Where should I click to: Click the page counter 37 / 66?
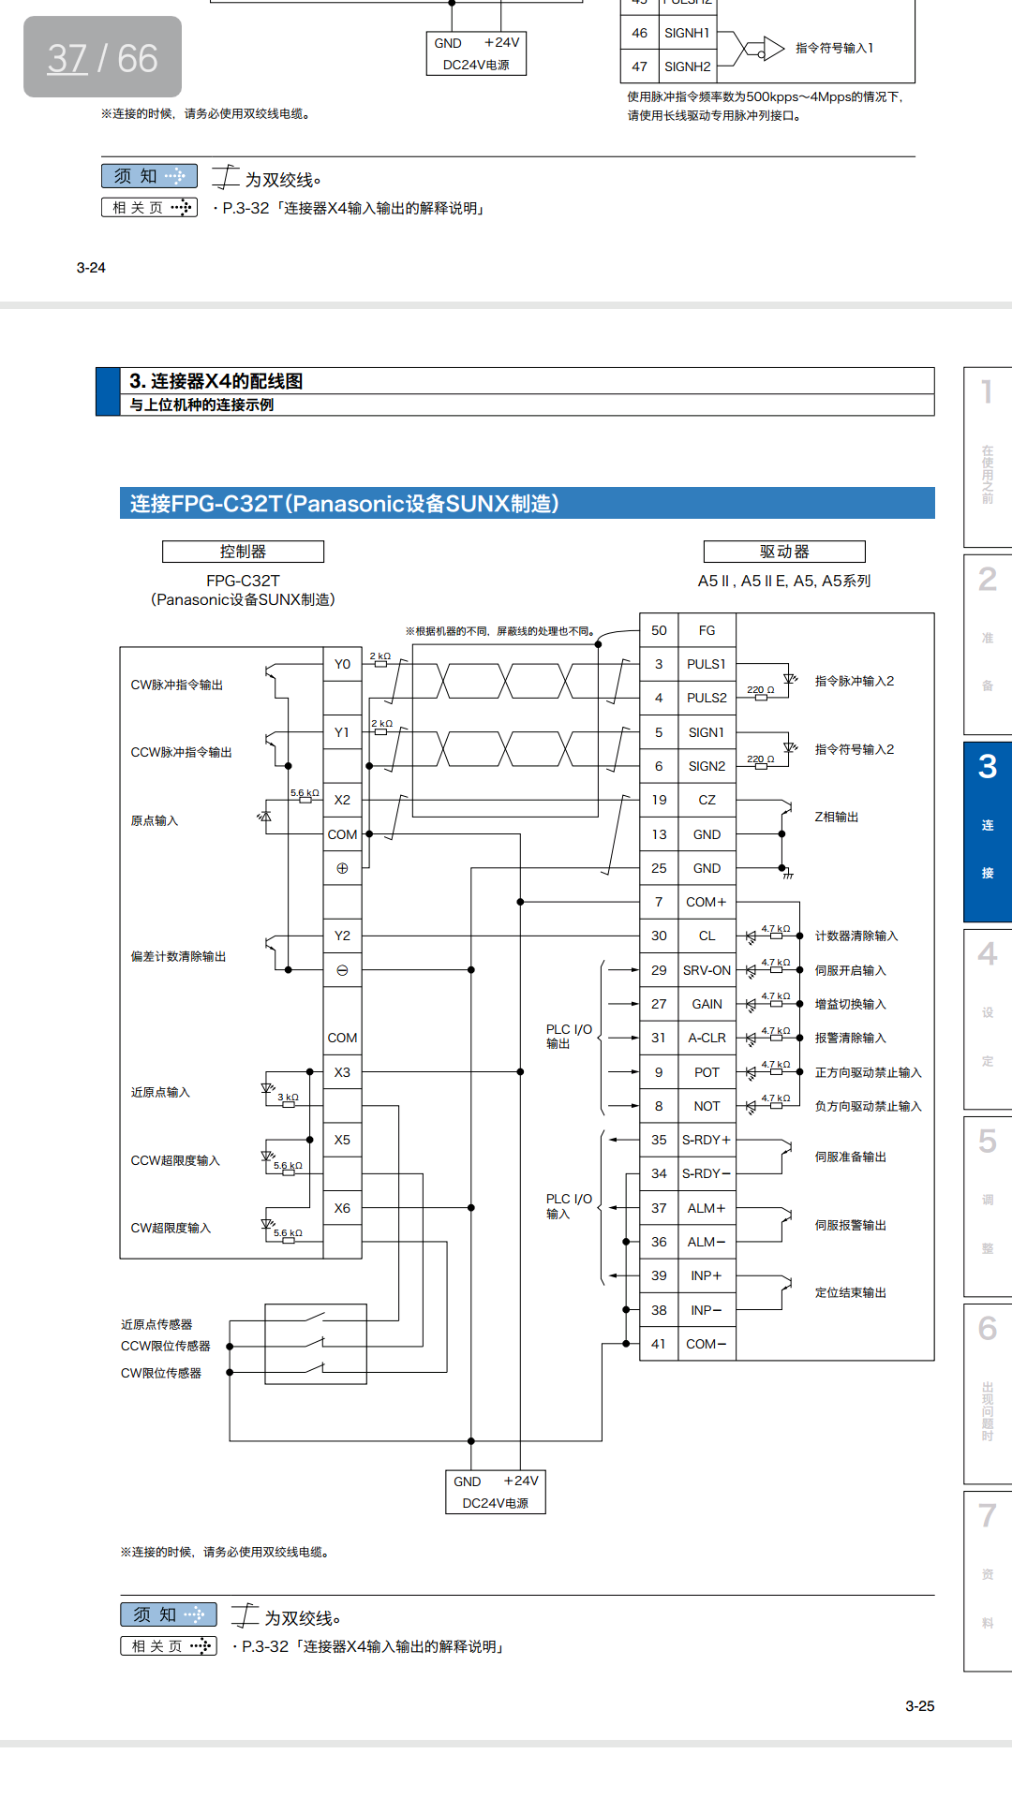pos(102,58)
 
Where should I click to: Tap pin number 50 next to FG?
pos(659,630)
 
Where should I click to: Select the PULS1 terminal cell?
pos(707,664)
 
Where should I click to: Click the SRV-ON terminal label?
pos(707,970)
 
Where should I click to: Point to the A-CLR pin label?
pos(707,1038)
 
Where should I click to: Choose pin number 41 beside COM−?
pos(659,1344)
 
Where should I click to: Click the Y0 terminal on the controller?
pos(342,664)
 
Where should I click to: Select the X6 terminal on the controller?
pos(342,1208)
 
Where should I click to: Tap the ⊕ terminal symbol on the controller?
pos(342,868)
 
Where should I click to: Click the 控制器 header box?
pos(243,552)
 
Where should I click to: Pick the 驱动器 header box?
pos(784,552)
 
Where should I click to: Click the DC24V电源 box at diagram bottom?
pos(495,1492)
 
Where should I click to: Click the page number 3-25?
pos(919,1706)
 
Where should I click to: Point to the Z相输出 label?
pos(836,817)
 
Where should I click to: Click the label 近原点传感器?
pos(156,1324)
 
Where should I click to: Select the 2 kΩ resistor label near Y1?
pos(381,724)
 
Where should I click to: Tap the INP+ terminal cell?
pos(707,1275)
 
